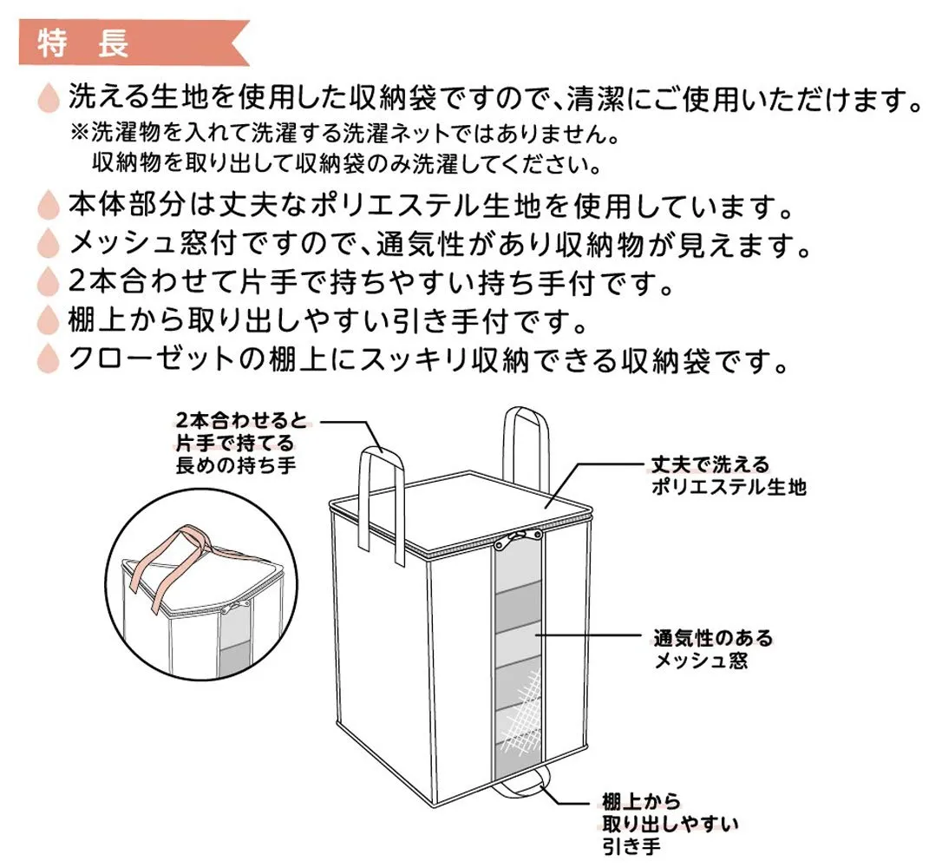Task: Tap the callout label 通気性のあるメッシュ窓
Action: click(x=713, y=649)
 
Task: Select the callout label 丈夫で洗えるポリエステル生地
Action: click(x=729, y=476)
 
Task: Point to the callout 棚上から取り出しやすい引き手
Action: click(x=670, y=824)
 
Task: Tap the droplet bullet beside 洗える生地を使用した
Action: click(x=49, y=98)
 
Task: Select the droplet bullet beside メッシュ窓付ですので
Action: click(x=49, y=243)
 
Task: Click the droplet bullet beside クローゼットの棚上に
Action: click(x=49, y=358)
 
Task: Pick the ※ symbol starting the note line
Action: click(x=79, y=133)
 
